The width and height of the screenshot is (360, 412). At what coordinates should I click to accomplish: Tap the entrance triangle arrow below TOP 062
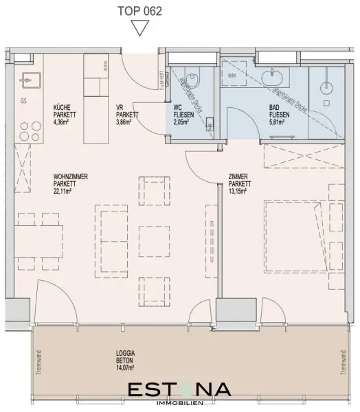click(x=140, y=27)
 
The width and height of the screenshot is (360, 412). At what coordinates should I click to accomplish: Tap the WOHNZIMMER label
click(x=71, y=176)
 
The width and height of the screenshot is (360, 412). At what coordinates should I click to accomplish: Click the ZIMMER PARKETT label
click(x=240, y=181)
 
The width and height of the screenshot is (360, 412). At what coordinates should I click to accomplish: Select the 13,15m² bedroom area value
click(x=239, y=192)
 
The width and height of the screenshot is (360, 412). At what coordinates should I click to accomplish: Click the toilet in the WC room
click(x=193, y=80)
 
